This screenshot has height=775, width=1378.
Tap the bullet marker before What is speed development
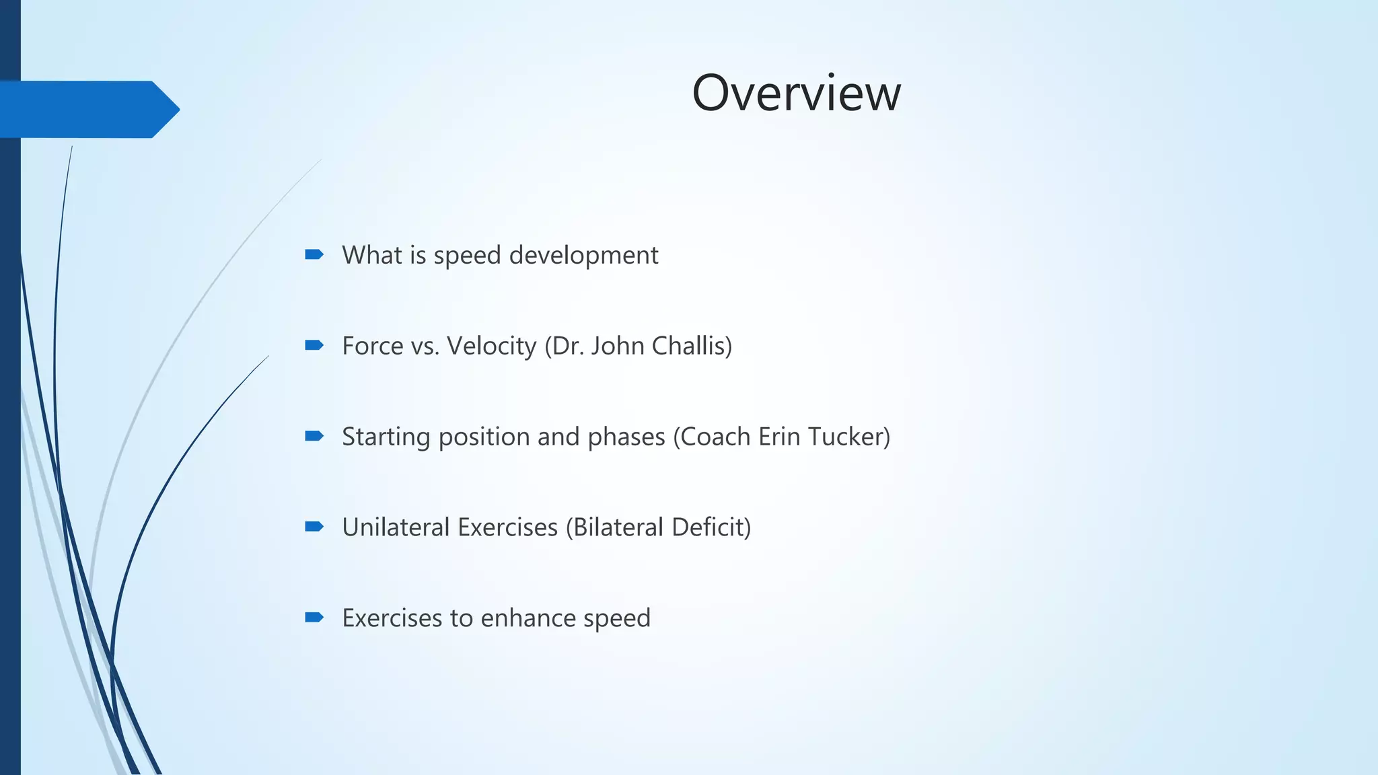point(314,254)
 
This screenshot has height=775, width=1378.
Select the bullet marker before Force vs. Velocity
point(314,345)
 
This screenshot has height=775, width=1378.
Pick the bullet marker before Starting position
point(314,436)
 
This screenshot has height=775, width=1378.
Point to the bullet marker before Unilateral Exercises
point(314,526)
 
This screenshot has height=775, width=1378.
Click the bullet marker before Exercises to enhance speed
point(314,617)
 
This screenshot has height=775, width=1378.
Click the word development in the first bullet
point(583,256)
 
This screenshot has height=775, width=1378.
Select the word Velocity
point(492,346)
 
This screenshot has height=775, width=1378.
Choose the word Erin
point(779,437)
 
